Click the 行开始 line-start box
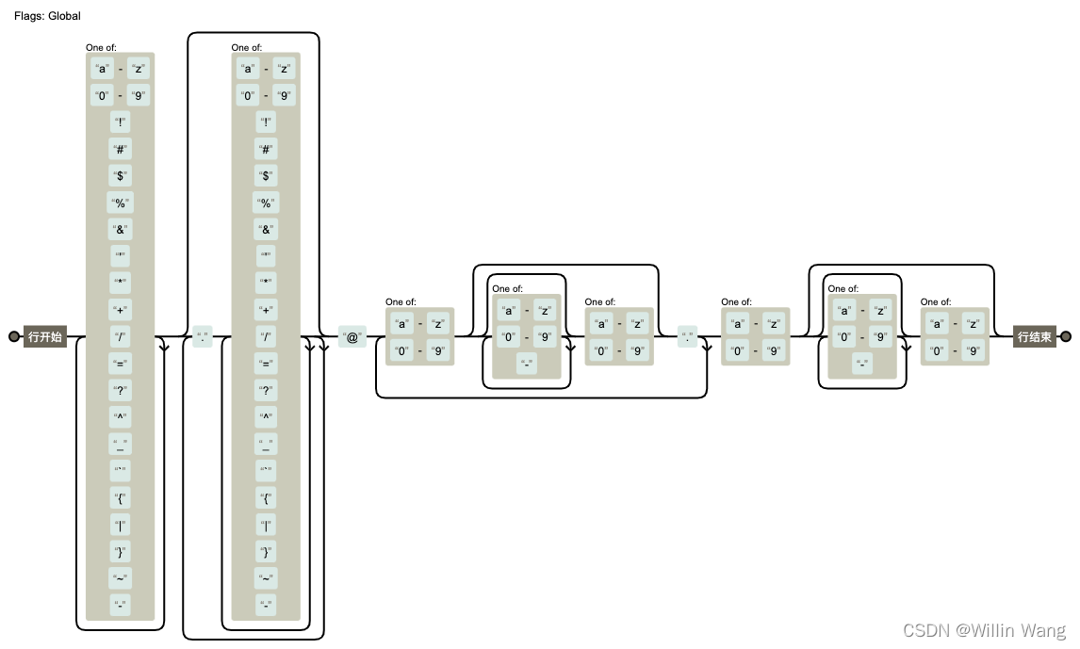(45, 336)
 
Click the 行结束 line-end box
(1033, 336)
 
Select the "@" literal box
(352, 336)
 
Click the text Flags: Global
(47, 16)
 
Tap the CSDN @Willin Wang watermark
(984, 630)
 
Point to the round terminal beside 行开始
(14, 336)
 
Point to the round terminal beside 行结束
(1066, 336)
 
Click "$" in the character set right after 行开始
(120, 175)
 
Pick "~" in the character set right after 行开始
(120, 578)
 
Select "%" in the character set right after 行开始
(120, 203)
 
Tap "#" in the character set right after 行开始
(120, 149)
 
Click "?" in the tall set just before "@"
(266, 390)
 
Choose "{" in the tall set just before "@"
(266, 497)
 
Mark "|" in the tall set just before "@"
(266, 525)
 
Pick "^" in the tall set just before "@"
(266, 417)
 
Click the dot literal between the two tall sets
(202, 336)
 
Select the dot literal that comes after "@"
(688, 336)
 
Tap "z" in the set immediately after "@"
(438, 324)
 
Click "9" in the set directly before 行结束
(974, 351)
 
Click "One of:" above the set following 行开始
(101, 47)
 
